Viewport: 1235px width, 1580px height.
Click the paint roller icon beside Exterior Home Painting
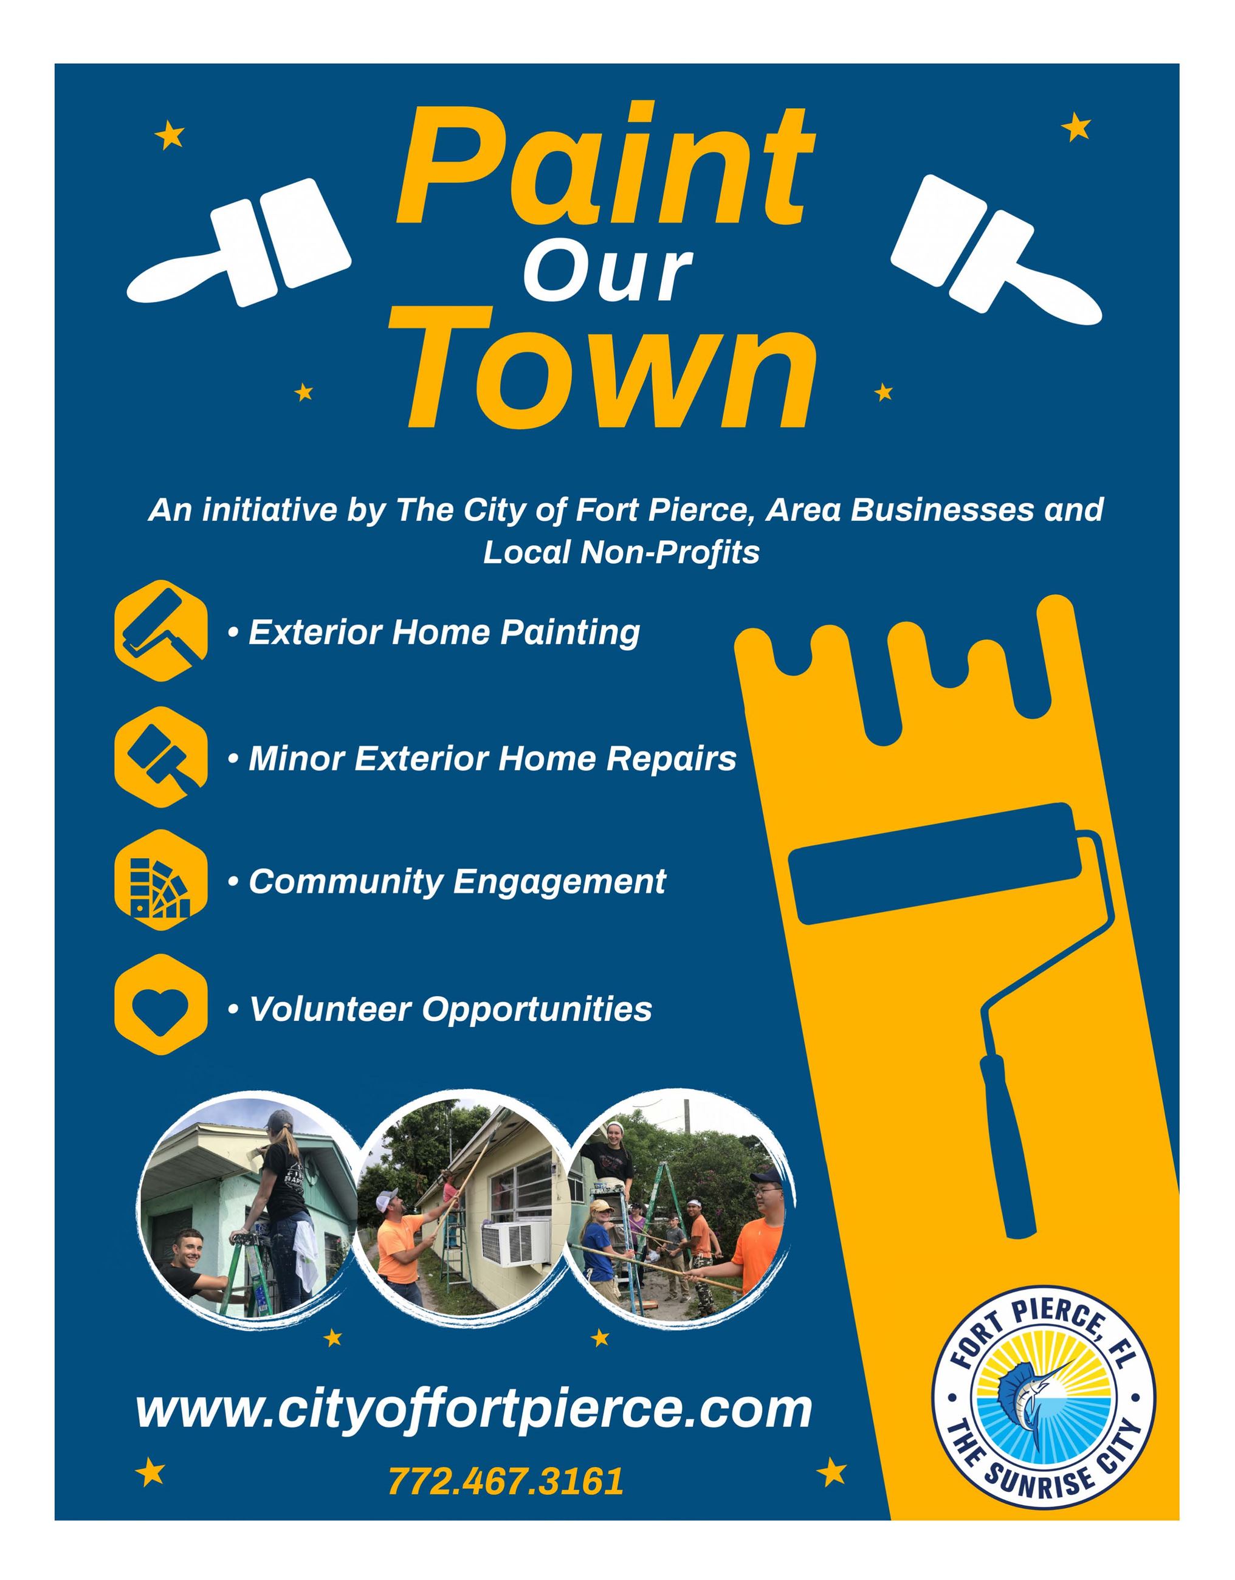(x=160, y=630)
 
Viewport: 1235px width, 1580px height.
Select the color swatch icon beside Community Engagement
(x=160, y=881)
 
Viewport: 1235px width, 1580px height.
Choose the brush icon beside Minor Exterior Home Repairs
(x=160, y=756)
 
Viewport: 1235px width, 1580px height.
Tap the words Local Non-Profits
(x=621, y=553)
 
